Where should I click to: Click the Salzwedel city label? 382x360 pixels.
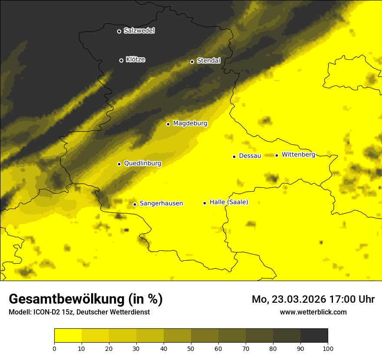pos(139,31)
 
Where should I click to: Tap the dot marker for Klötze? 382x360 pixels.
pos(121,60)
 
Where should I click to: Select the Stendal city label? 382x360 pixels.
pos(208,61)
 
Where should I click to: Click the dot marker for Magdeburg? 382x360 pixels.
pos(168,124)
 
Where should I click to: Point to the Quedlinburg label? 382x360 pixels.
pos(142,164)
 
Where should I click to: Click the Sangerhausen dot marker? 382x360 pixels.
pos(135,204)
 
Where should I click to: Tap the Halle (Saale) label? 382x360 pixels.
pos(229,202)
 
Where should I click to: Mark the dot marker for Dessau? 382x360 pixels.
pos(234,157)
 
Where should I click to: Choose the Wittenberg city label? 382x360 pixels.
pos(298,154)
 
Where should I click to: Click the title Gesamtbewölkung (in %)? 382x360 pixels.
pos(86,299)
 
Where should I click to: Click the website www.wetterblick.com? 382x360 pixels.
pos(313,312)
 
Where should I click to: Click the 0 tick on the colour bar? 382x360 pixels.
pos(54,348)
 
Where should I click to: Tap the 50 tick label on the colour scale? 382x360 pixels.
pos(191,348)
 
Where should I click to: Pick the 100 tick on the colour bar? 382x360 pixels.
pos(328,348)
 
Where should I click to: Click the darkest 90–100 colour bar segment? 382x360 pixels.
pos(314,336)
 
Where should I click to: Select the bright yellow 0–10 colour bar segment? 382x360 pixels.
pos(68,336)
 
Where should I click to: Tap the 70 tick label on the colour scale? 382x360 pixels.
pos(246,348)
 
